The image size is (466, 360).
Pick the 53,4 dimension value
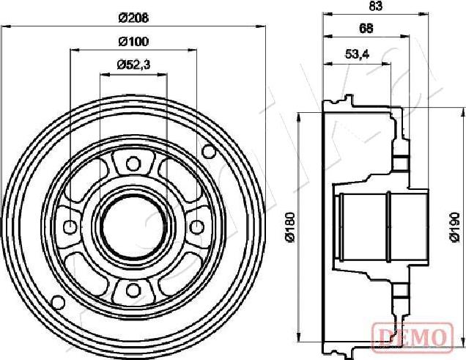click(357, 54)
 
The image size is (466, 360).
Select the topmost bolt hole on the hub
click(133, 163)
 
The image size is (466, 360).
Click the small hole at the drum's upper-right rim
click(210, 152)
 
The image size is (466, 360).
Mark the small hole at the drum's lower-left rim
click(56, 301)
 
